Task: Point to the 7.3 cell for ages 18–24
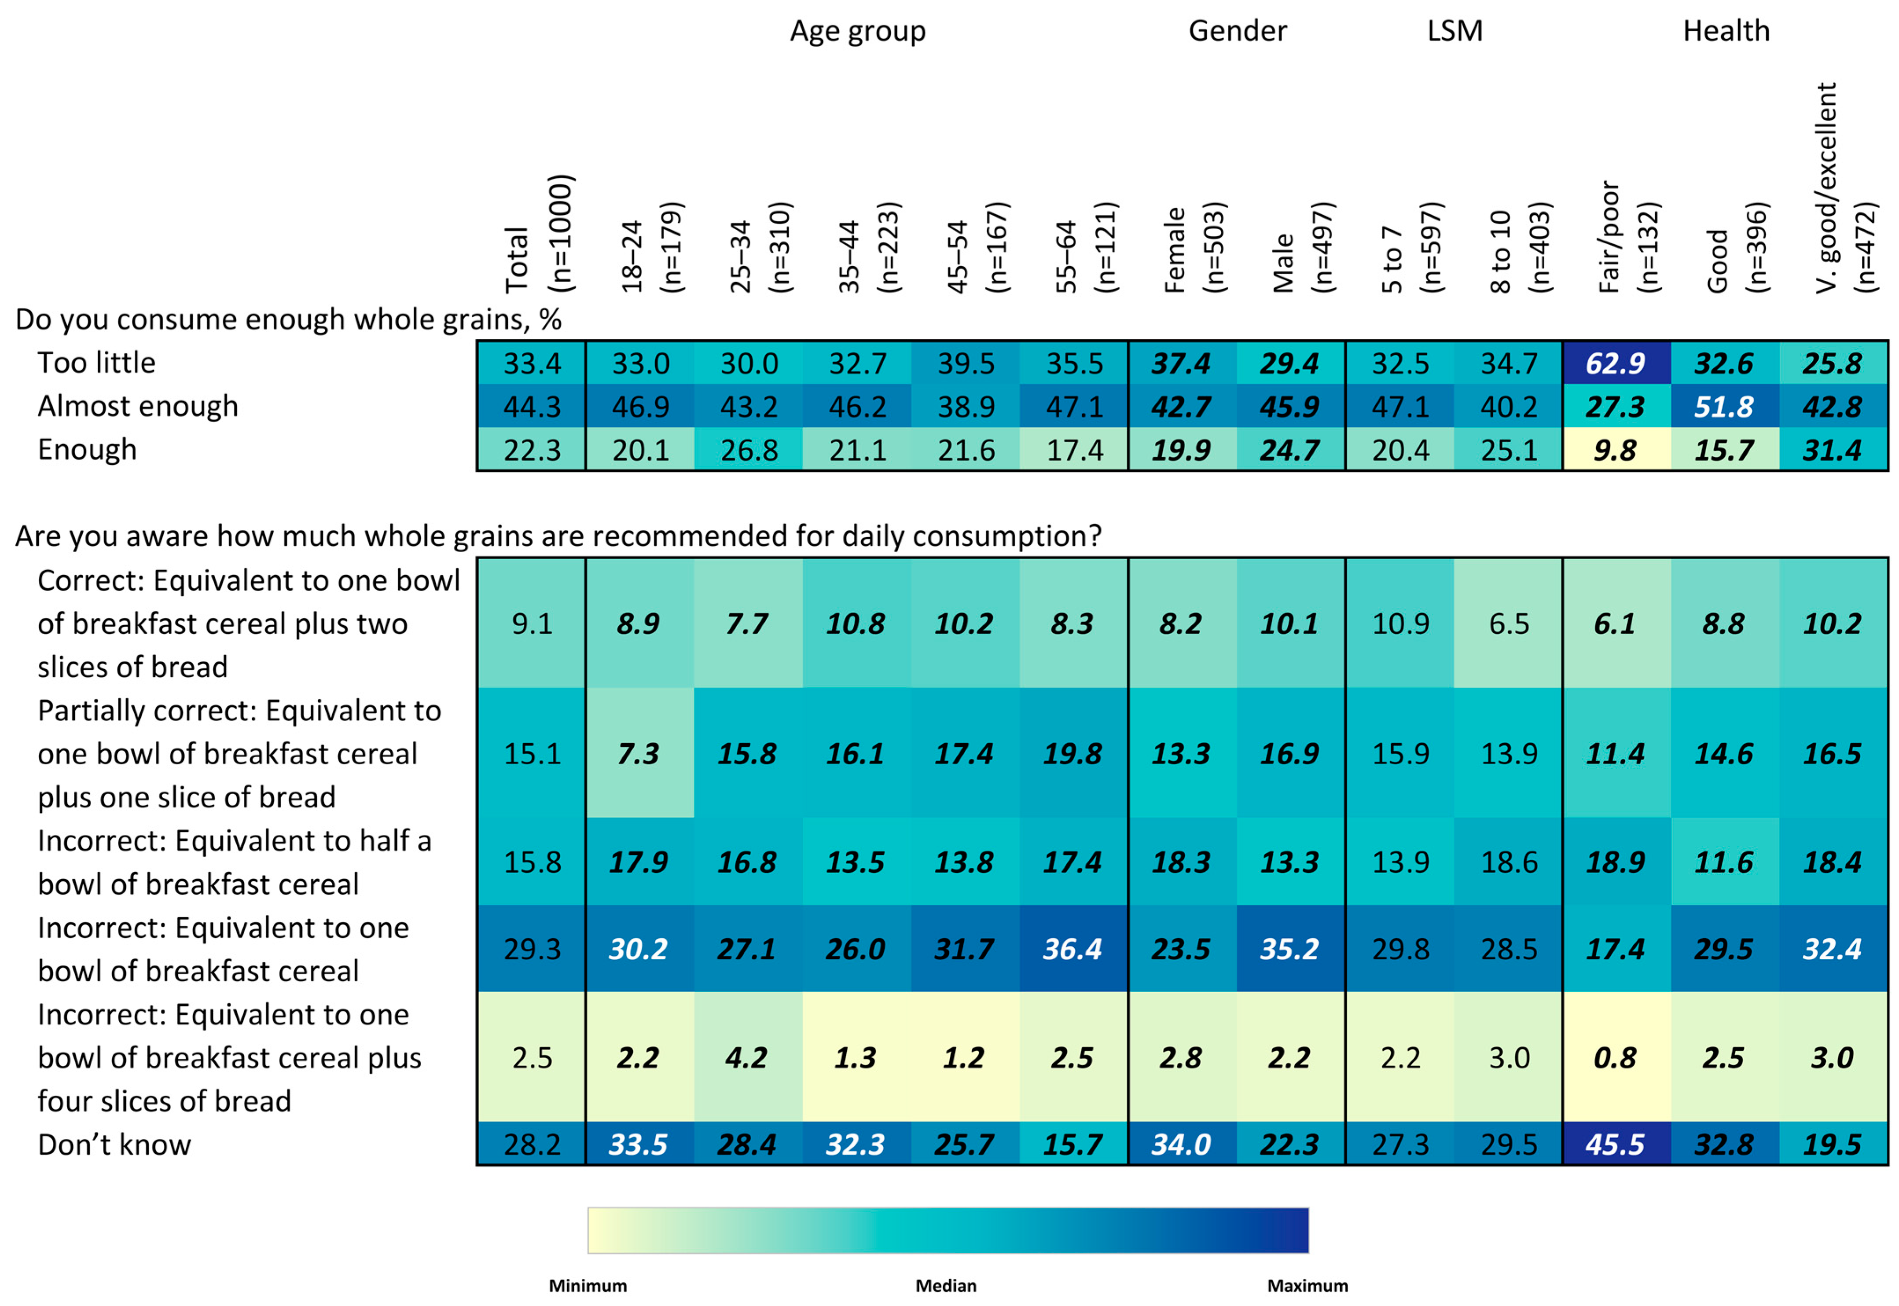click(638, 753)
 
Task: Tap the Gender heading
click(1237, 31)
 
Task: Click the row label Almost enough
click(137, 406)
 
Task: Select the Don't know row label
click(114, 1144)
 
